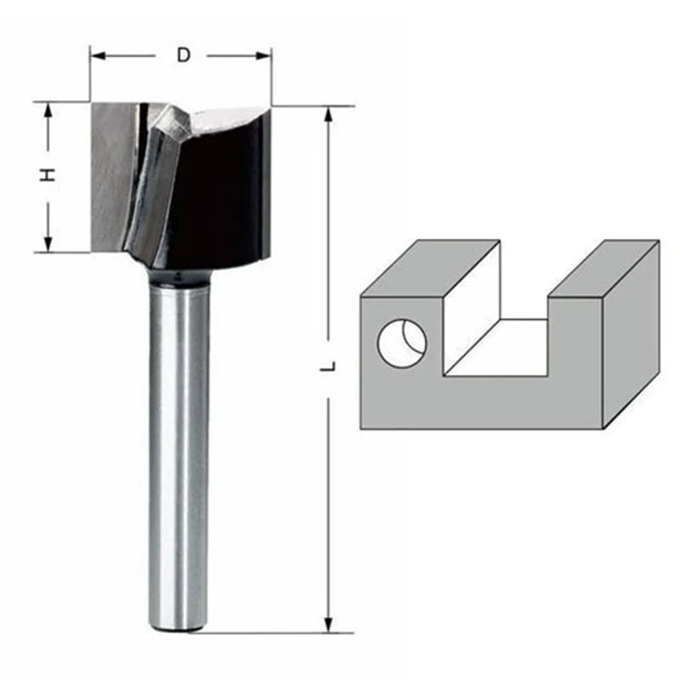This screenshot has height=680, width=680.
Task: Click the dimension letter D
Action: click(182, 55)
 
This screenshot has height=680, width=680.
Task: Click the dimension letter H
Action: click(49, 175)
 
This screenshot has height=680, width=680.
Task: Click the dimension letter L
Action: click(327, 367)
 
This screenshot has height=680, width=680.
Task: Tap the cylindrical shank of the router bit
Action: click(178, 450)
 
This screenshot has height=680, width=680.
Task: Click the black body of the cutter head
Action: click(221, 195)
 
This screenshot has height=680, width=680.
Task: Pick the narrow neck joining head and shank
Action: click(178, 275)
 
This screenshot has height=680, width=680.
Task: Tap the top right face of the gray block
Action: click(602, 268)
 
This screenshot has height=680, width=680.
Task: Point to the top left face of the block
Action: click(429, 268)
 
